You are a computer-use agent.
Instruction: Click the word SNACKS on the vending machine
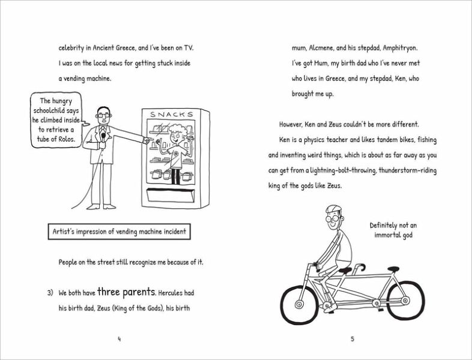[172, 115]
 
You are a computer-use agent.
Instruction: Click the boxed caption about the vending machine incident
[119, 232]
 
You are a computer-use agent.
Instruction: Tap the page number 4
[119, 339]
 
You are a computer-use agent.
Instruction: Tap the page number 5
[352, 339]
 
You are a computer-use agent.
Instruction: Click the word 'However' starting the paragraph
[294, 124]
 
